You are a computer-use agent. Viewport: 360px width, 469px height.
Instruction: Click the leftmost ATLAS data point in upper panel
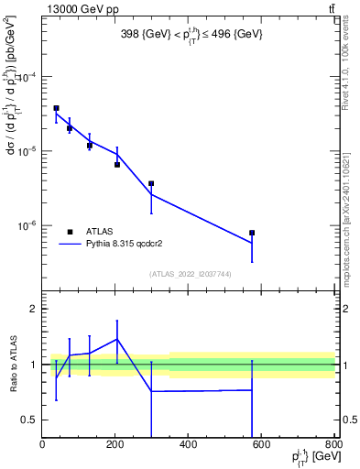pos(56,108)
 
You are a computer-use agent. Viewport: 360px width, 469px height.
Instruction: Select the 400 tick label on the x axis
pos(188,445)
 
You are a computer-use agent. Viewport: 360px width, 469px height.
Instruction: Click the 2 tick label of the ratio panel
pos(34,310)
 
